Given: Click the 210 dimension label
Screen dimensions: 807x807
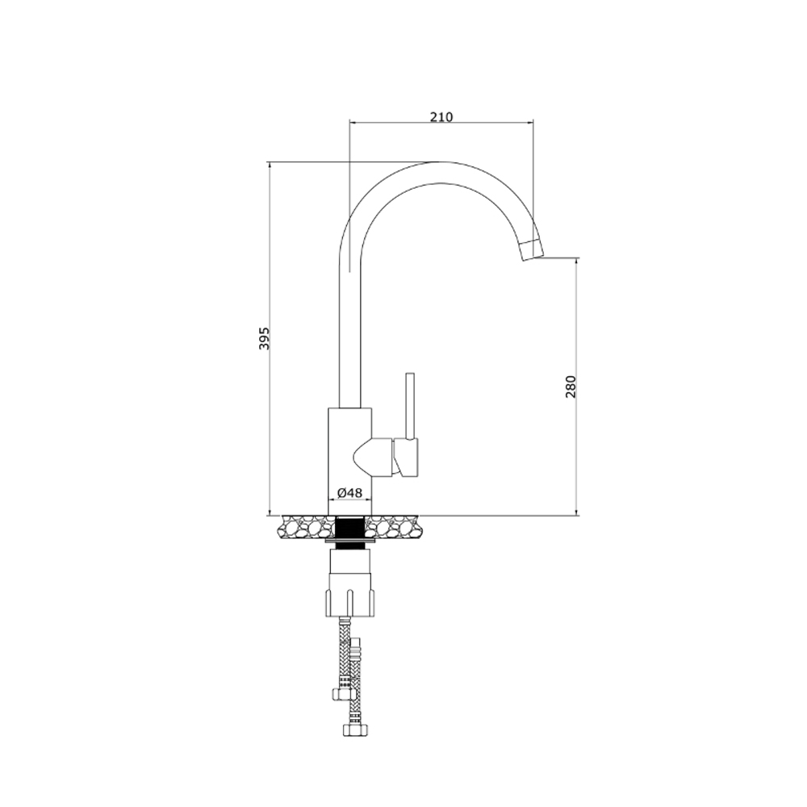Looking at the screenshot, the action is pos(441,117).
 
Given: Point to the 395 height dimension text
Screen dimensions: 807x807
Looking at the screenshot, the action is pos(264,338).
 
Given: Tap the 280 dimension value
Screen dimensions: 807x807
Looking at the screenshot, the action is pos(571,387).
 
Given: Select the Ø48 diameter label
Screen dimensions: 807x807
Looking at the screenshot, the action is pos(350,492).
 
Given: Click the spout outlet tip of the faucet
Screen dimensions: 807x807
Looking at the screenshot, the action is pos(531,251).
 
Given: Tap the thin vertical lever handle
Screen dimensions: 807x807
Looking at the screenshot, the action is pos(410,406).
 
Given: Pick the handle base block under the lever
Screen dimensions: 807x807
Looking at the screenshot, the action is pos(406,457).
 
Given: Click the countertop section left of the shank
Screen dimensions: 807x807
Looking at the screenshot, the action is pos(306,527).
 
